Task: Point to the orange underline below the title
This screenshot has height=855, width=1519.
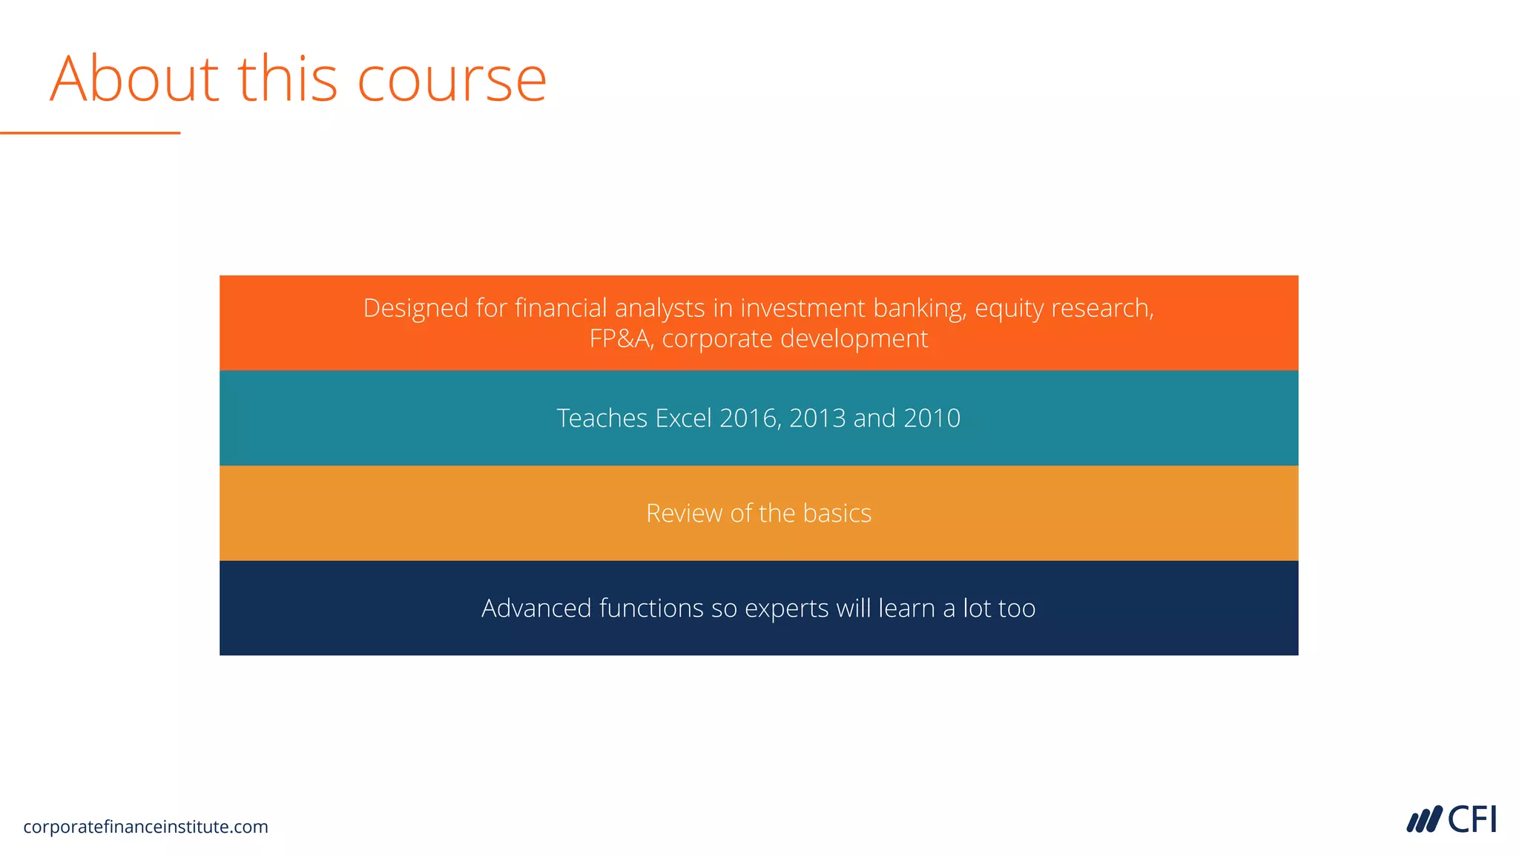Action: [x=90, y=133]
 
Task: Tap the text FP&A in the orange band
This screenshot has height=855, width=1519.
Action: [x=620, y=339]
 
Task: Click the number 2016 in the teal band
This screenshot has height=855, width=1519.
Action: [x=749, y=419]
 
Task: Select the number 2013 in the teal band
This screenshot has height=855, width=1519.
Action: [x=817, y=419]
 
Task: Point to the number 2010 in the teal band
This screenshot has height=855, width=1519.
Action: [x=932, y=419]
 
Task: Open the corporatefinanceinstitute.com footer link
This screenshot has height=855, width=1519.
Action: [x=145, y=827]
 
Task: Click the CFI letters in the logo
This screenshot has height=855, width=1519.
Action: [x=1472, y=820]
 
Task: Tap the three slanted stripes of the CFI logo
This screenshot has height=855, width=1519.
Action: [x=1424, y=820]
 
